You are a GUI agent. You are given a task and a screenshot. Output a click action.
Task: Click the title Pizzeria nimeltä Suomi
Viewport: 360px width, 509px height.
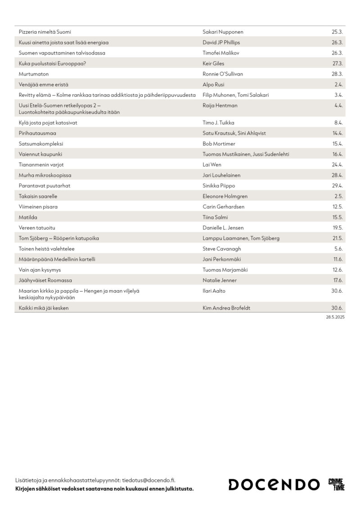pyautogui.click(x=45, y=32)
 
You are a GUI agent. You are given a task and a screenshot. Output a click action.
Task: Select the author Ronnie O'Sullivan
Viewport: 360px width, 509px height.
pyautogui.click(x=226, y=74)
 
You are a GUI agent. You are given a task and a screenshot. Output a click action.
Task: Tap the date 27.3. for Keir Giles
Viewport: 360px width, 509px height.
pyautogui.click(x=337, y=63)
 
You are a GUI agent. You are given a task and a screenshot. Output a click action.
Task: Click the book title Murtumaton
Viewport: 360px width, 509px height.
pyautogui.click(x=34, y=74)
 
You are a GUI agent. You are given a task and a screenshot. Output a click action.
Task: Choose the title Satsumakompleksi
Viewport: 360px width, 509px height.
pyautogui.click(x=41, y=144)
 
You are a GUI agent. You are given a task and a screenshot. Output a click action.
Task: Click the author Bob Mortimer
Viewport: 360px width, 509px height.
pyautogui.click(x=220, y=144)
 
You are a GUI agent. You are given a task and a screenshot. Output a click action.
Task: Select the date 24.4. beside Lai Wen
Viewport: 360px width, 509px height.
pyautogui.click(x=337, y=165)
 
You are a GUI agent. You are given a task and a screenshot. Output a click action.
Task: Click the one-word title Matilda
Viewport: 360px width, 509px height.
pyautogui.click(x=27, y=217)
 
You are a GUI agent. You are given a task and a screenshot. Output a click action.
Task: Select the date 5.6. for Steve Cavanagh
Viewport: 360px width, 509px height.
pyautogui.click(x=338, y=248)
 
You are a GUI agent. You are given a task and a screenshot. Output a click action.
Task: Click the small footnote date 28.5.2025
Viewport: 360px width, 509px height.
pyautogui.click(x=335, y=317)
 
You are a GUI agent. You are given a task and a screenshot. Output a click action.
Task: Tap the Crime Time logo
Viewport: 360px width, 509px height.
pyautogui.click(x=336, y=484)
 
